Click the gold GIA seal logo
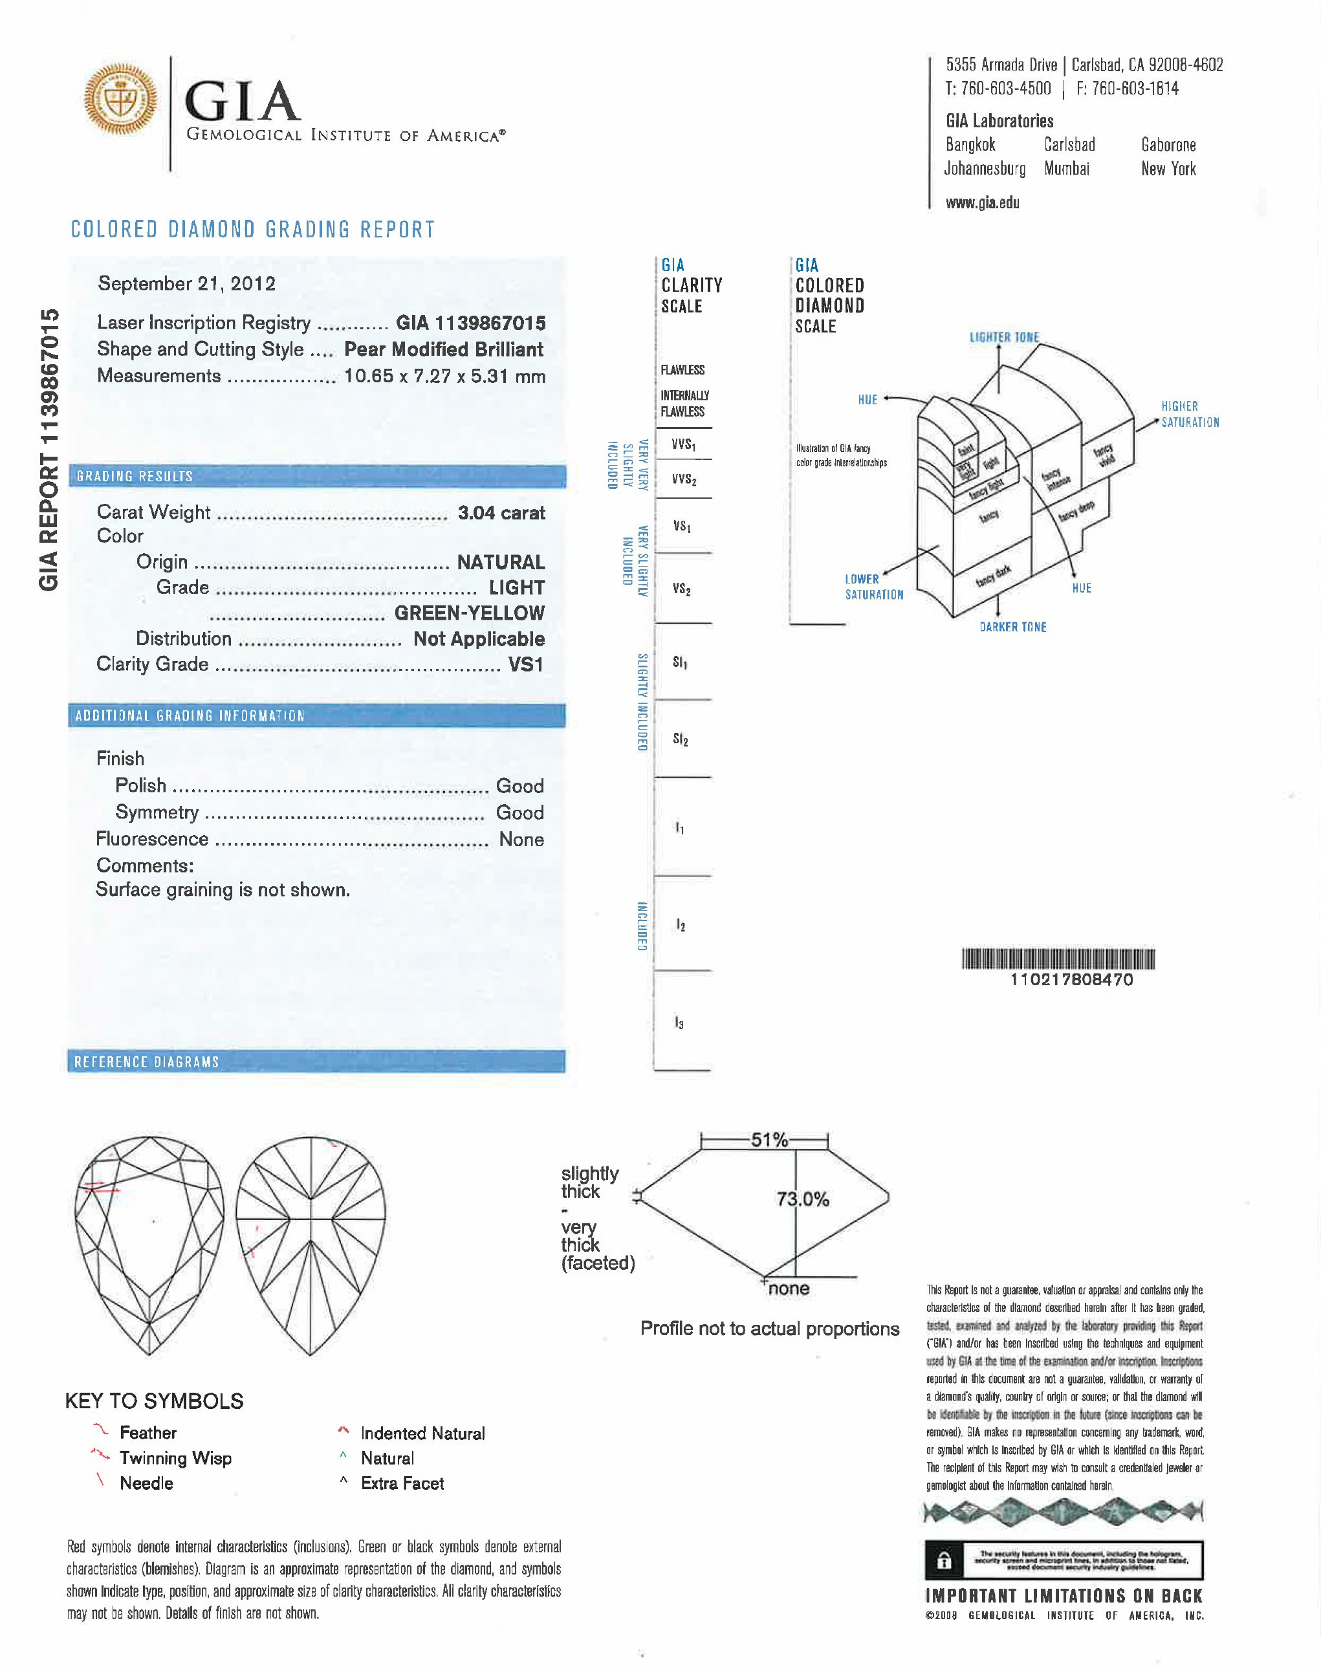point(121,100)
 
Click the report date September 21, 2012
point(186,284)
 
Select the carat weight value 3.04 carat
point(501,512)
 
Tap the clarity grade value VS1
point(526,664)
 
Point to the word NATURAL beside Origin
point(501,562)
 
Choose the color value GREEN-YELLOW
point(470,613)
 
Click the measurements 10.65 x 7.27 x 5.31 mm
point(444,376)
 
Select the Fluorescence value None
point(521,839)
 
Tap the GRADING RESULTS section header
point(135,476)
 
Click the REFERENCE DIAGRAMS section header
point(147,1062)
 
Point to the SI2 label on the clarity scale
point(681,739)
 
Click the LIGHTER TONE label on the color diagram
point(1004,337)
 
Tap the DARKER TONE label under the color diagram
point(1012,627)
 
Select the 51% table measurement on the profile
point(770,1140)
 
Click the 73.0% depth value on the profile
point(803,1199)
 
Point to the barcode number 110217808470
point(1071,979)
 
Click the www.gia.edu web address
point(982,202)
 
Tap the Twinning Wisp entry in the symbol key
point(175,1458)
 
